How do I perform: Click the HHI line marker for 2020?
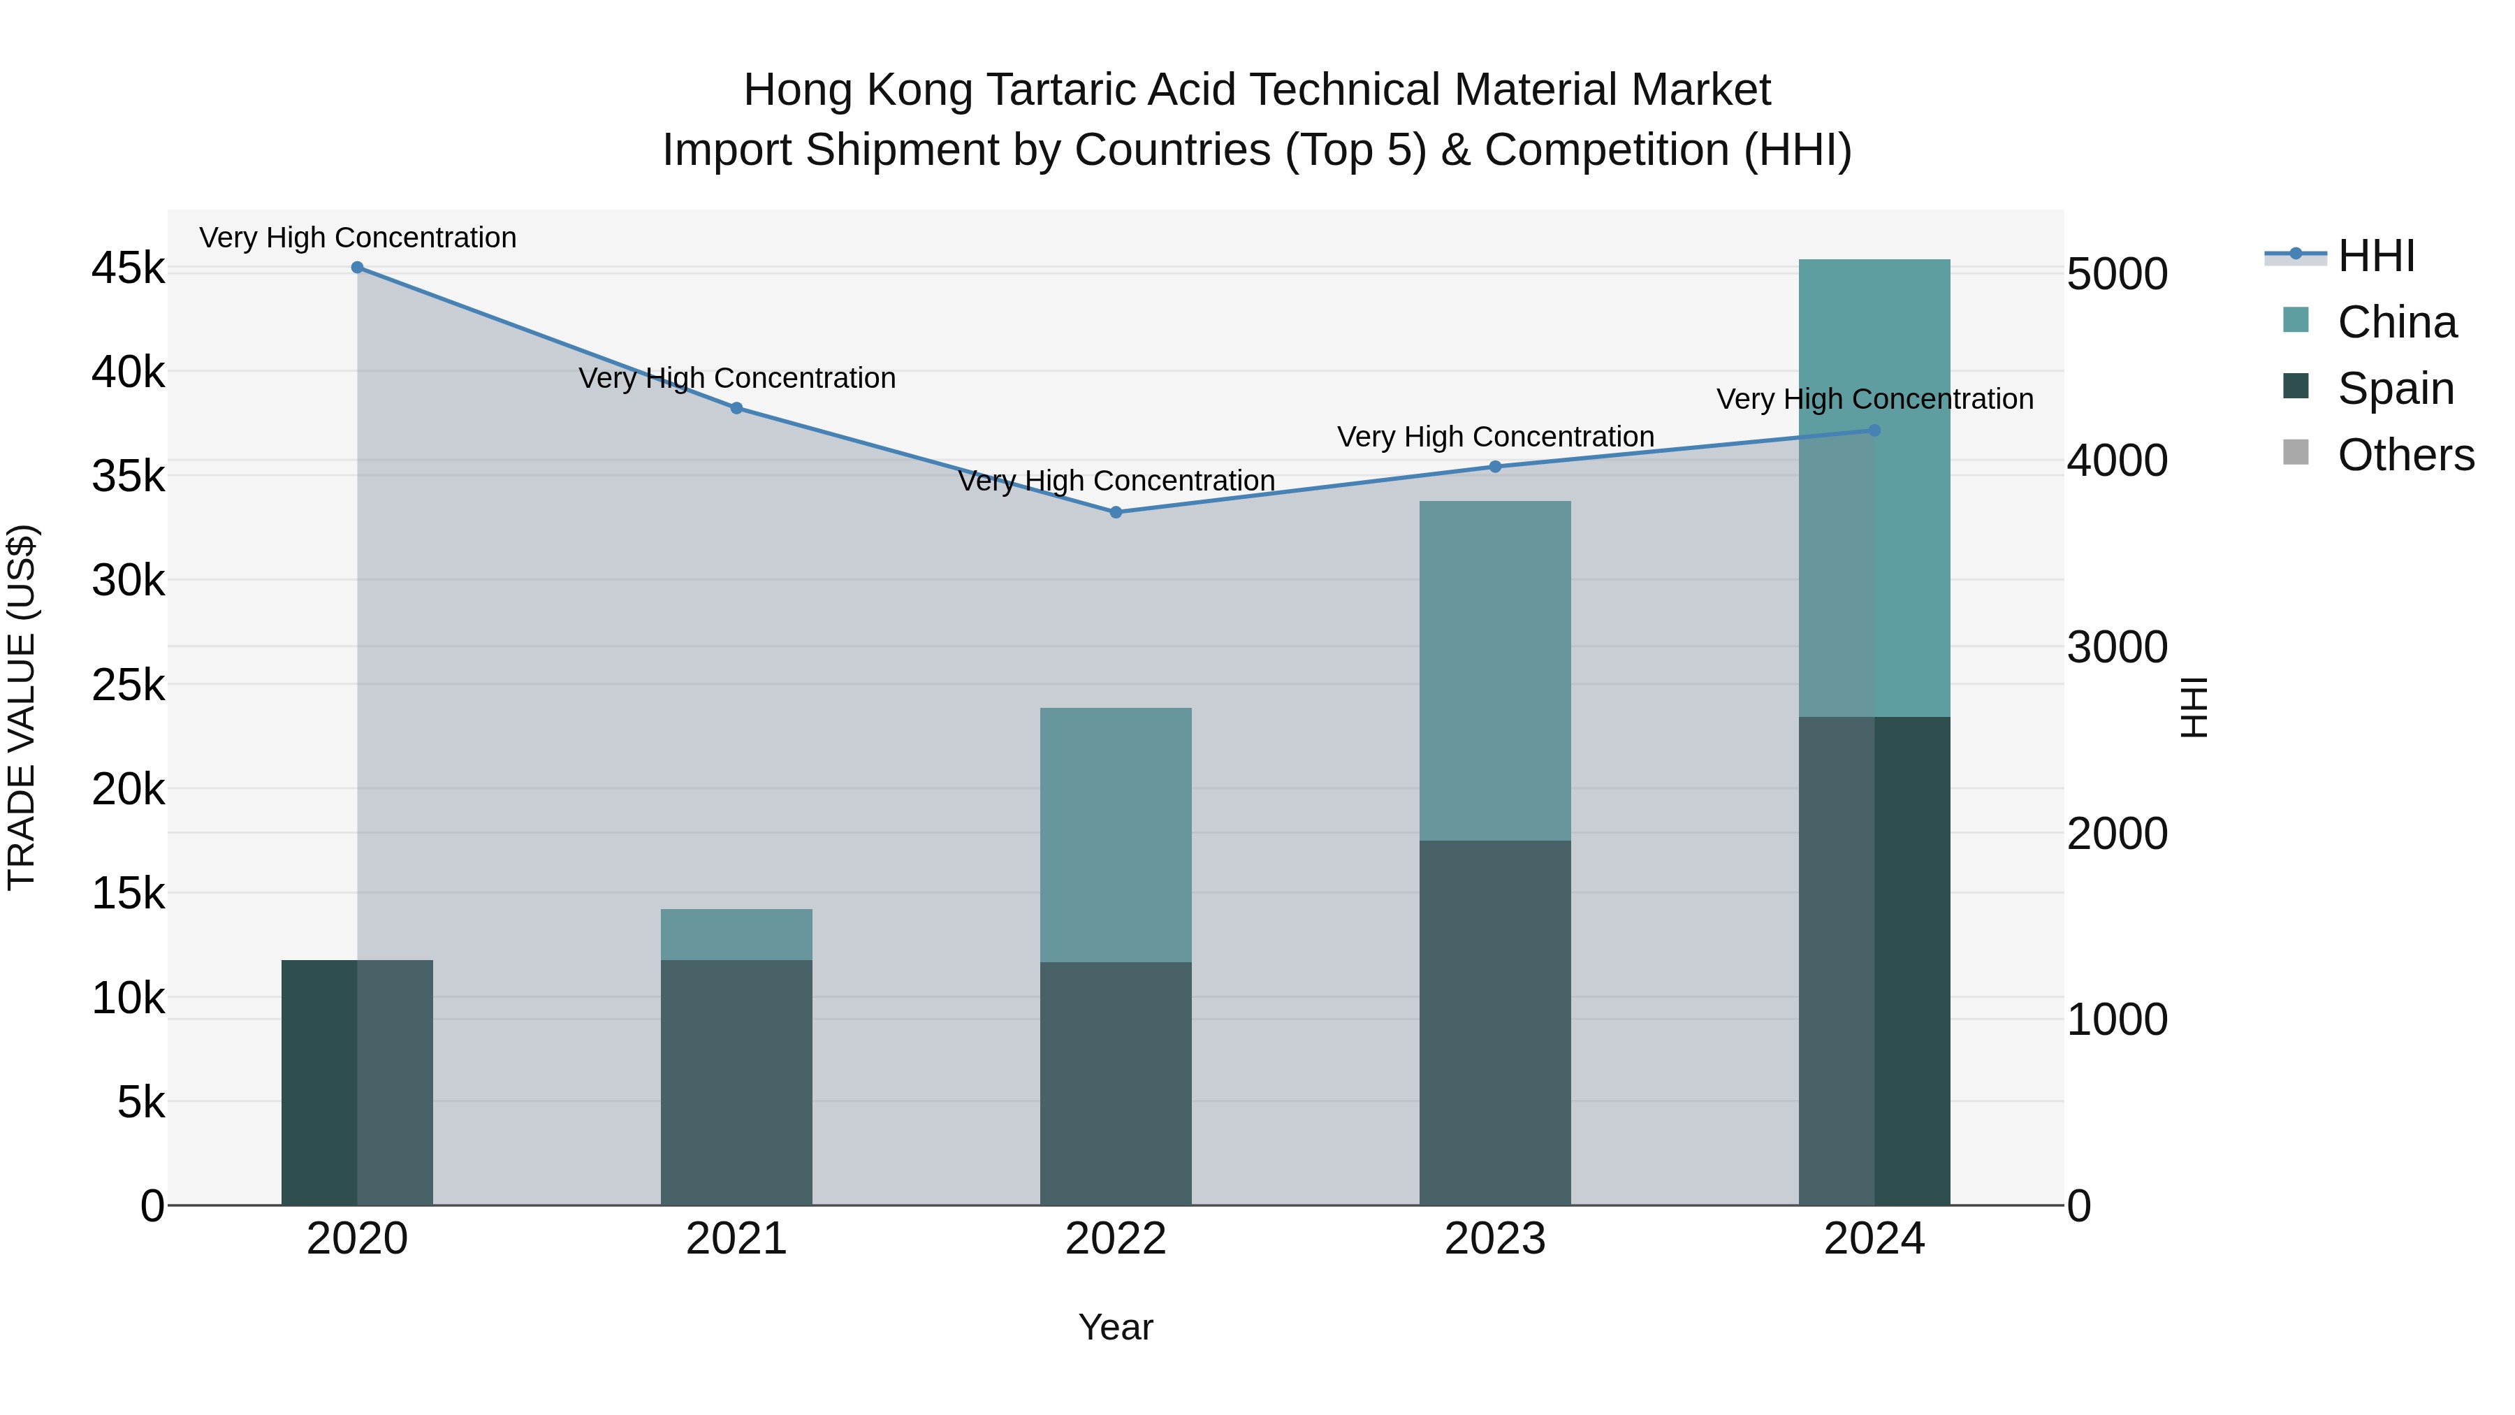coord(357,268)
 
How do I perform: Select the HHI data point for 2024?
coord(1874,430)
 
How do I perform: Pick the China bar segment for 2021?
coord(736,934)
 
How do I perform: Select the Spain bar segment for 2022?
coord(1116,1084)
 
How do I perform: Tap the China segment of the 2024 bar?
coord(1874,488)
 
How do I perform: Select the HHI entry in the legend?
coord(2375,256)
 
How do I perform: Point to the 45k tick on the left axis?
coord(128,268)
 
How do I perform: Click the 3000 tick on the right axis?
coord(2117,648)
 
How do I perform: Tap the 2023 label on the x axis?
coord(1495,1239)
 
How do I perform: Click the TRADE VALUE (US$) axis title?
coord(22,707)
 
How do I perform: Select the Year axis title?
coord(1116,1327)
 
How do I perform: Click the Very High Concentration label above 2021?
coord(737,378)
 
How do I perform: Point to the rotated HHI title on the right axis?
coord(2194,707)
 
